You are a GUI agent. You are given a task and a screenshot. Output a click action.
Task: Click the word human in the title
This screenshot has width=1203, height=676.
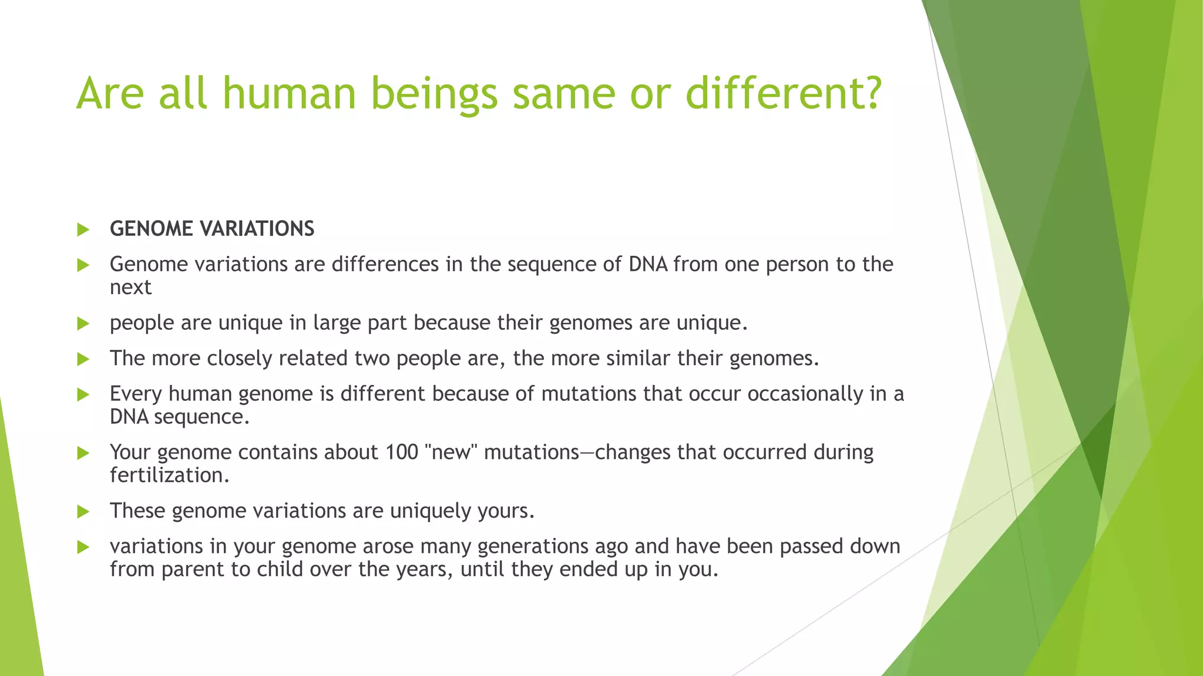[x=288, y=94]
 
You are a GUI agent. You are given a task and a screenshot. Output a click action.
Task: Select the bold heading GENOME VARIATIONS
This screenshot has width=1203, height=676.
[x=211, y=229]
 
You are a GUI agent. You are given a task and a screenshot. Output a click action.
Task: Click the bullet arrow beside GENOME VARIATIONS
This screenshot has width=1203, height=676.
[x=83, y=229]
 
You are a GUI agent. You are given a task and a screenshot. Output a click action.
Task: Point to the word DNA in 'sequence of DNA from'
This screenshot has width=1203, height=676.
[x=647, y=265]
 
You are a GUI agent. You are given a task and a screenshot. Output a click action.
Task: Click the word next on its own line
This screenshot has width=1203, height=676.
[x=130, y=288]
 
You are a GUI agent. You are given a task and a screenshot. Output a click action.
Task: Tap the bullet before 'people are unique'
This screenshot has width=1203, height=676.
[x=83, y=323]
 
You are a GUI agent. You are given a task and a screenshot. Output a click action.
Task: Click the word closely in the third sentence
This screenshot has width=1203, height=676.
[x=239, y=359]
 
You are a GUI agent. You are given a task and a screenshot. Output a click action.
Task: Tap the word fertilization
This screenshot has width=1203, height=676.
[x=169, y=475]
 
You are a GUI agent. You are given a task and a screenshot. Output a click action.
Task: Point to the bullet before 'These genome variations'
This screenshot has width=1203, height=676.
[x=83, y=512]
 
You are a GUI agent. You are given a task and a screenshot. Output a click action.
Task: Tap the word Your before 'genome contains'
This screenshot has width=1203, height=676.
[x=130, y=452]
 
